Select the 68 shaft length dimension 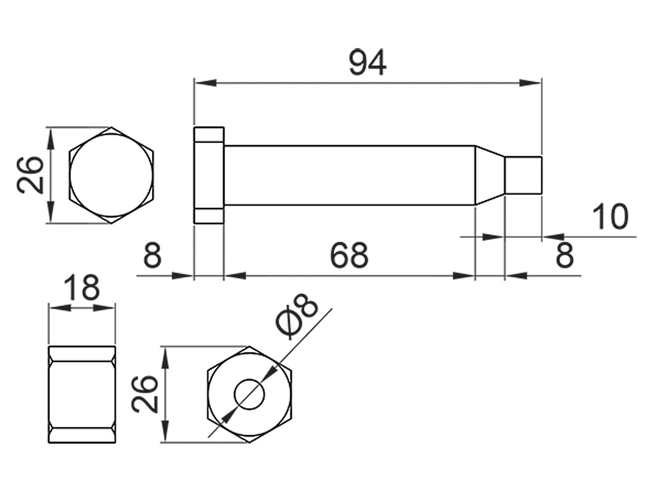click(x=349, y=256)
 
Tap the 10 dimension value click(x=611, y=217)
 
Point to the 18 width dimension click(x=83, y=288)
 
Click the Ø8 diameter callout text click(x=297, y=317)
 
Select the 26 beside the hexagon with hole click(x=145, y=394)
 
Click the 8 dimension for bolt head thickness click(x=152, y=256)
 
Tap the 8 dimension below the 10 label click(x=564, y=256)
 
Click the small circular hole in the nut click(x=249, y=394)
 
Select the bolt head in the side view click(x=209, y=175)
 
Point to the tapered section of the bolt click(x=490, y=175)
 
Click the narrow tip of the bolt click(x=524, y=175)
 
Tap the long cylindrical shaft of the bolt click(x=349, y=175)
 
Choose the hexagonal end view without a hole click(x=112, y=175)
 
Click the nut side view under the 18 click(x=83, y=394)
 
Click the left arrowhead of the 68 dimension click(x=234, y=276)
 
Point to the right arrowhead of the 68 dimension click(x=464, y=276)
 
